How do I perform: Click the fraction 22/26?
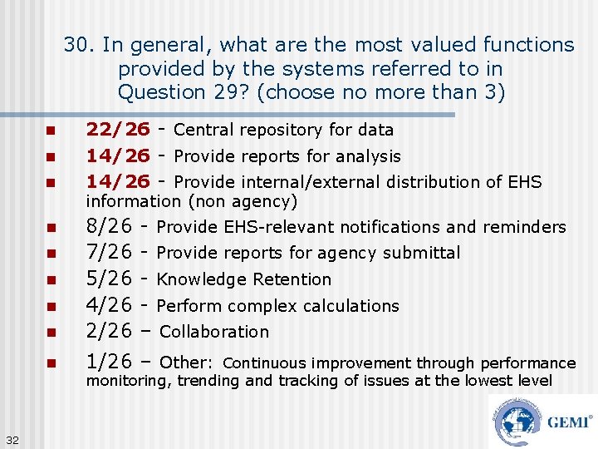(118, 130)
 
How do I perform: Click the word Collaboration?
(214, 332)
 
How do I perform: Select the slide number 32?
(12, 439)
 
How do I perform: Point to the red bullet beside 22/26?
(50, 131)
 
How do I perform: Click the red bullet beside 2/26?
(50, 333)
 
